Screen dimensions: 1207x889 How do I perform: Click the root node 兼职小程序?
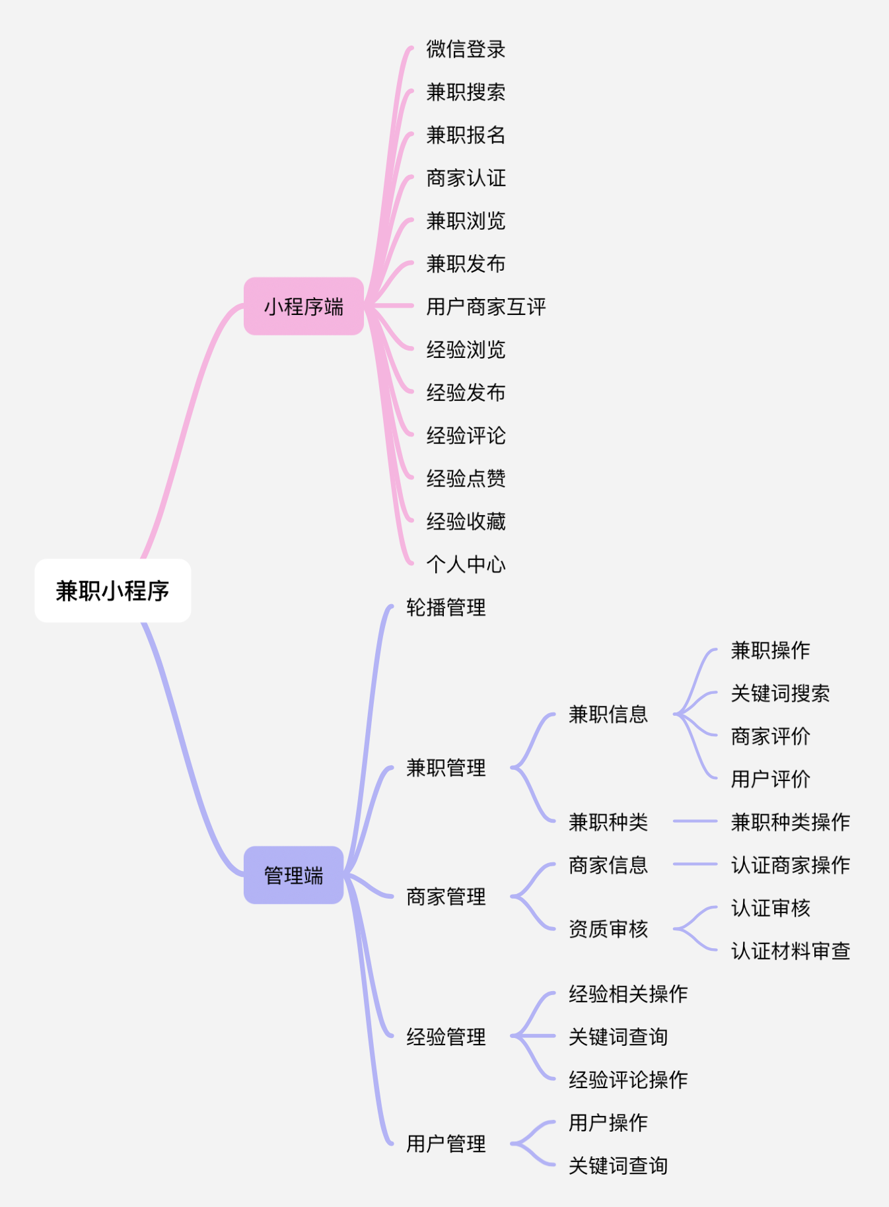(112, 591)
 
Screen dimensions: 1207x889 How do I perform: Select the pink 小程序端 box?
(304, 306)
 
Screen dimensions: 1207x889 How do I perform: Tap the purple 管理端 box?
(293, 876)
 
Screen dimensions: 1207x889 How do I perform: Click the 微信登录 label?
(466, 49)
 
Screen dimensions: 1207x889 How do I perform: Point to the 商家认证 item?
(466, 178)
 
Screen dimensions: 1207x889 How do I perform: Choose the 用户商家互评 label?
(486, 306)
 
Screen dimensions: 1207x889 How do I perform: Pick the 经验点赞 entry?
(466, 478)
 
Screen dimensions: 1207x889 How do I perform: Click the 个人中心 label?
(466, 564)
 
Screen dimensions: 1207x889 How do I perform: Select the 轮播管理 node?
(446, 607)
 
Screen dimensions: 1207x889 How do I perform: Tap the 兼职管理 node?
(446, 768)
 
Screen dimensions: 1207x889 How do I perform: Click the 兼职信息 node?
(608, 714)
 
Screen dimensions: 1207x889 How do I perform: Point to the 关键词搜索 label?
(780, 693)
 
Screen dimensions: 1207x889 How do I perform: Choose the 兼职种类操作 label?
(790, 822)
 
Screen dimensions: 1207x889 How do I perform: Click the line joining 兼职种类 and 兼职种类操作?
(695, 821)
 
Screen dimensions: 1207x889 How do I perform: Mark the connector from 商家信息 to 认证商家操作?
(695, 864)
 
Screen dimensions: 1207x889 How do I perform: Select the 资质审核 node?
(608, 929)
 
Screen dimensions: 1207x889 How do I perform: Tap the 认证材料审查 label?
(790, 951)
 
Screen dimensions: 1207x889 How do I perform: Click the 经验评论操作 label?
(628, 1080)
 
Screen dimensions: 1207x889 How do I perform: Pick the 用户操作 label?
(608, 1122)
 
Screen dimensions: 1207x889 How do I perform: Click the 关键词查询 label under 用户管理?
(618, 1165)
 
